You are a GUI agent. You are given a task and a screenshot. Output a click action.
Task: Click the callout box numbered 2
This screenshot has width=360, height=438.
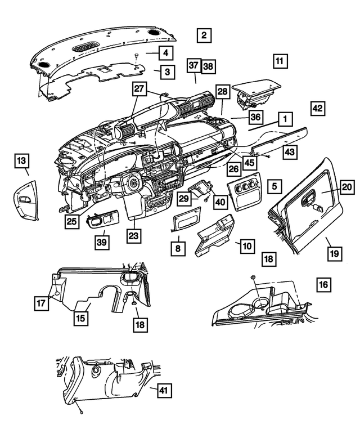click(x=204, y=35)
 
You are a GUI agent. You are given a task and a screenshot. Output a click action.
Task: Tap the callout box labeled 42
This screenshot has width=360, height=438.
click(x=317, y=108)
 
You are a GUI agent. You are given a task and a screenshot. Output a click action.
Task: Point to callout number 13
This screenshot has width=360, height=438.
click(x=21, y=162)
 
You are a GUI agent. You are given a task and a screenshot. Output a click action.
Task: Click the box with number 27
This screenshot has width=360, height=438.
click(x=139, y=89)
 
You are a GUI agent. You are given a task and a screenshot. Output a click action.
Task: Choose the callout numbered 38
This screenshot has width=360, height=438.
click(x=208, y=66)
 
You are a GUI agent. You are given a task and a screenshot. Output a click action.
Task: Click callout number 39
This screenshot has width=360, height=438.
click(x=101, y=242)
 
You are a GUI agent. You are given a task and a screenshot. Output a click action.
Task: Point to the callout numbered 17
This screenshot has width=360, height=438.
click(x=41, y=303)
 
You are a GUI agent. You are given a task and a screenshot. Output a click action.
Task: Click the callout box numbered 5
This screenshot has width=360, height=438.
click(x=274, y=185)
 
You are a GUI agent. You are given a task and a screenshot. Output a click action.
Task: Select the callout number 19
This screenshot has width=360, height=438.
click(x=334, y=254)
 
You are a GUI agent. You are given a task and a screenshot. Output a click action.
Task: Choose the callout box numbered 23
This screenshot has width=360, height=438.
click(x=133, y=237)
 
